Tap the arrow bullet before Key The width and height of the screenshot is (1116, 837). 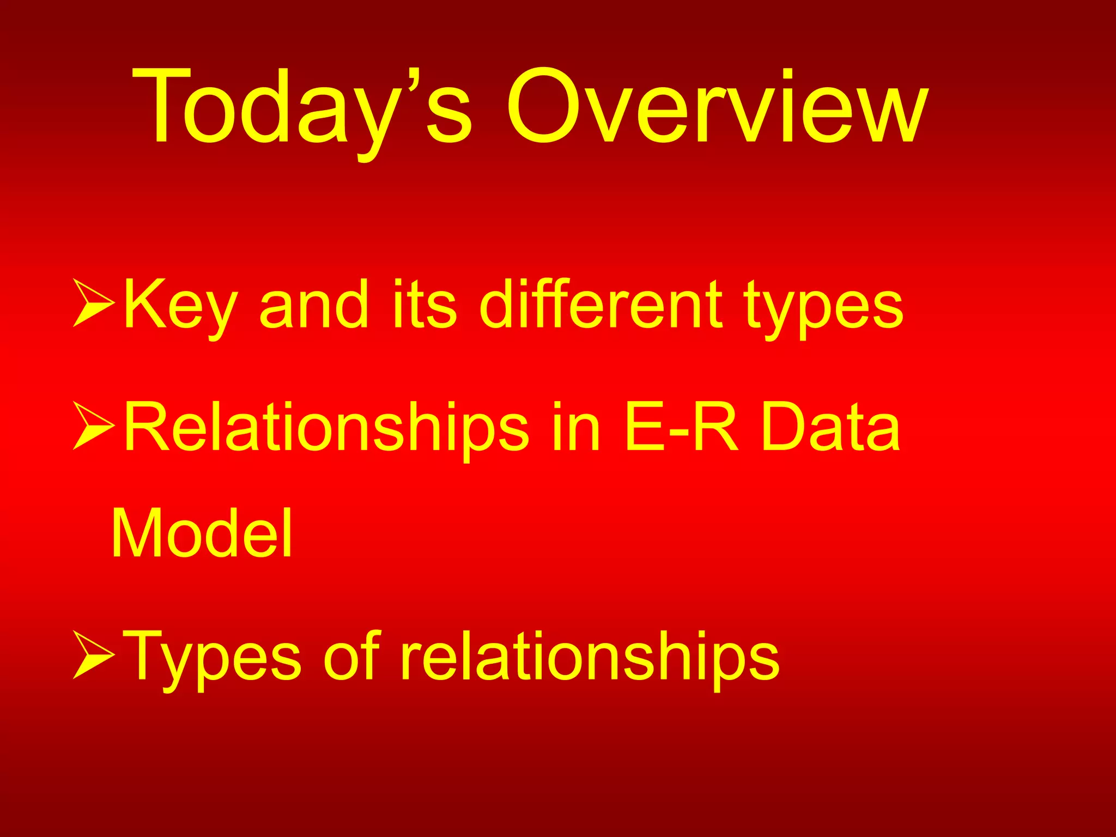tap(93, 303)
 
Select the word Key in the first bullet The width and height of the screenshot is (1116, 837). tap(180, 305)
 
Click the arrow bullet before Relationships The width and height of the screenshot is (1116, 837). tap(93, 426)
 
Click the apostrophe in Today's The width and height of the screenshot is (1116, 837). tap(415, 79)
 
